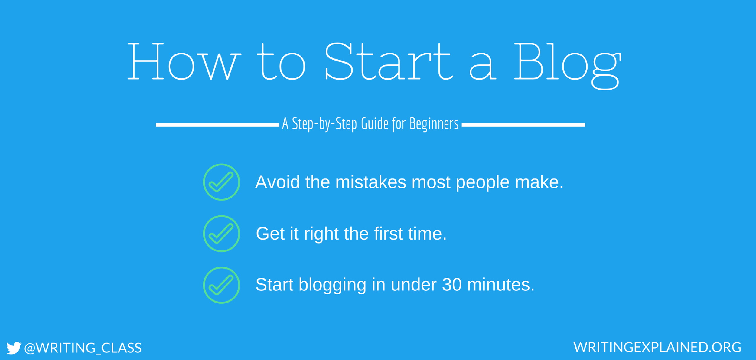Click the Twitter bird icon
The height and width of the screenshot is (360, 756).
[x=14, y=348]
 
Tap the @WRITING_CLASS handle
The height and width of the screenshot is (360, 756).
[x=83, y=348]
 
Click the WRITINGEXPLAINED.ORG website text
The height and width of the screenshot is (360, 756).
[x=657, y=347]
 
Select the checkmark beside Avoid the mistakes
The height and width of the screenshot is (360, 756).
[x=221, y=182]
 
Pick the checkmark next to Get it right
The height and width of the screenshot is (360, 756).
[x=221, y=234]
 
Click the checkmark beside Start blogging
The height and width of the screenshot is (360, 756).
[x=221, y=285]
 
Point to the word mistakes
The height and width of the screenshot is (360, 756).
[x=370, y=182]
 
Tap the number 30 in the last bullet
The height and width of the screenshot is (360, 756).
[x=452, y=285]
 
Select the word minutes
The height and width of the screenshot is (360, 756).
[x=501, y=285]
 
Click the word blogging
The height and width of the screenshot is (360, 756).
[x=332, y=285]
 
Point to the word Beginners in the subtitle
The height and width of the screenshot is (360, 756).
[x=434, y=124]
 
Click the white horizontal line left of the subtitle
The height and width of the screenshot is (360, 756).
[x=217, y=125]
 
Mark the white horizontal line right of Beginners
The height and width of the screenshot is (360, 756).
[x=523, y=125]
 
